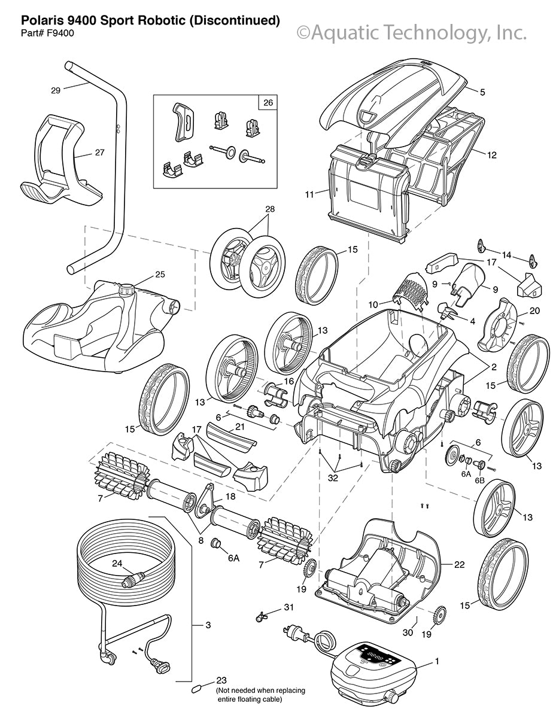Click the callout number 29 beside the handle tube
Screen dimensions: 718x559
pos(56,90)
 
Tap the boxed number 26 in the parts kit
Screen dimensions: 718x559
pos(266,102)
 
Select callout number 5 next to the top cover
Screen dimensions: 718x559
pos(482,92)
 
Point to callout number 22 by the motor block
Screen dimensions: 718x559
pos(459,564)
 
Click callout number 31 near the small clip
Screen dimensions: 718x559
pos(289,608)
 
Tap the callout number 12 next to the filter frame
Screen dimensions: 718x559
pos(491,155)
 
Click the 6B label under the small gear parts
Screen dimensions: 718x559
pos(479,480)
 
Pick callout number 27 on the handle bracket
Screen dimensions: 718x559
pos(99,153)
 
